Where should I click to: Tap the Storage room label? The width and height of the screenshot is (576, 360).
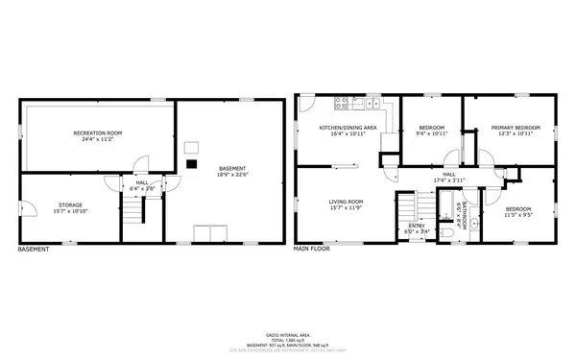68,204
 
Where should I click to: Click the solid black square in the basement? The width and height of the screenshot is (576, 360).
191,163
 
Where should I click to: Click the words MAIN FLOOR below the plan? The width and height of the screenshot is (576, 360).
312,249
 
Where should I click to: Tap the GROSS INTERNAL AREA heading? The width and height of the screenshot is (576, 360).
287,335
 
